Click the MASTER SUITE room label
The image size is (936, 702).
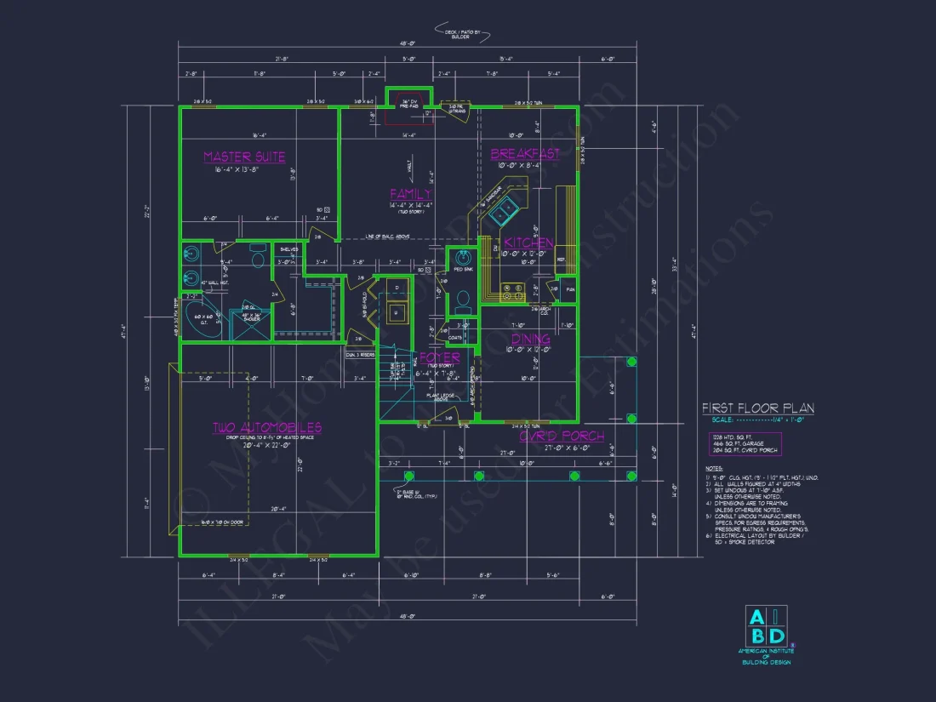(244, 157)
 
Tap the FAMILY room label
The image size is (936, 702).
(411, 194)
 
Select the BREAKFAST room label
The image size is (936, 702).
(524, 154)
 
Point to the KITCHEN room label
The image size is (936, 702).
(529, 243)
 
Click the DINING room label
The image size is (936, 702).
(531, 339)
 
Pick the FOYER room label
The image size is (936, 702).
(439, 357)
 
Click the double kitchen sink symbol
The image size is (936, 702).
(507, 205)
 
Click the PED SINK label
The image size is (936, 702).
(463, 270)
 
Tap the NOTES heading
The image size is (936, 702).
(713, 468)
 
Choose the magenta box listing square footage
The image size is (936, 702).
(745, 444)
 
